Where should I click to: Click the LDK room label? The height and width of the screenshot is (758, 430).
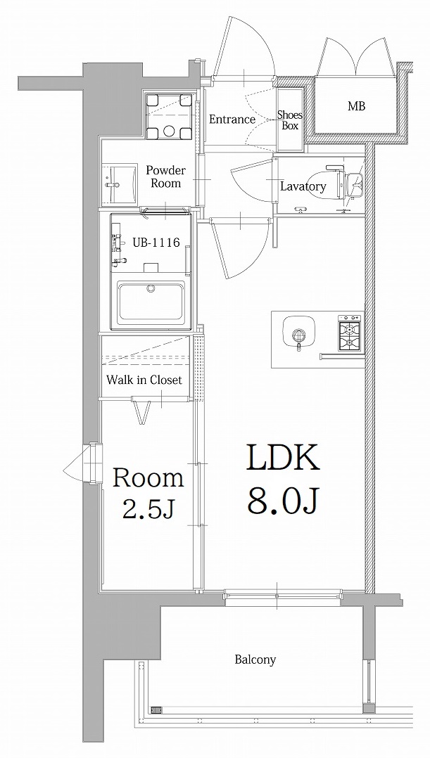click(283, 458)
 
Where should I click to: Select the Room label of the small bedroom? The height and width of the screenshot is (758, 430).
click(148, 478)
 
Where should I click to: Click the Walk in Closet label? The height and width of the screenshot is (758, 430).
click(144, 380)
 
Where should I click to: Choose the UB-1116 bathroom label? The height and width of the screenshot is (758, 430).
click(156, 243)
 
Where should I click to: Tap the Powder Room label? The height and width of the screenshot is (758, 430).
click(166, 176)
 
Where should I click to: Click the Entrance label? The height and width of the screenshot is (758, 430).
click(232, 120)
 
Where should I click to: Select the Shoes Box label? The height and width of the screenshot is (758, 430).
click(289, 120)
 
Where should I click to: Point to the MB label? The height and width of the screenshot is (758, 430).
click(356, 107)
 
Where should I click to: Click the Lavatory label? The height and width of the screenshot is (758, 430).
click(303, 186)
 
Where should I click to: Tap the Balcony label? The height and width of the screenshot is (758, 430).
click(255, 660)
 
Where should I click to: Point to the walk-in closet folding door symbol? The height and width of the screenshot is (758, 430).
click(143, 411)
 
